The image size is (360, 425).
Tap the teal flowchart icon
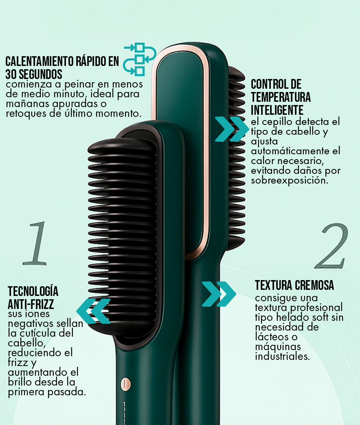tap(139, 59)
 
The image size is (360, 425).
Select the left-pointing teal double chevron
tap(93, 311)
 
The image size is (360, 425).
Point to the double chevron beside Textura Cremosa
tap(219, 294)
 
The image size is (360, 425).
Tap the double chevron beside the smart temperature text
tap(232, 129)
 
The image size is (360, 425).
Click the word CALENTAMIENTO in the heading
tap(39, 61)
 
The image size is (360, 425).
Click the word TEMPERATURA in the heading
tap(281, 97)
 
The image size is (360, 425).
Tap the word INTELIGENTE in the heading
tap(277, 110)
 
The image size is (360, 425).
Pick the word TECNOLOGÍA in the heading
tap(33, 291)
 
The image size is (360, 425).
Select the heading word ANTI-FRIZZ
tap(31, 304)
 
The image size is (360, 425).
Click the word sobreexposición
tap(290, 180)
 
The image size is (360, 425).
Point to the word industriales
tap(282, 356)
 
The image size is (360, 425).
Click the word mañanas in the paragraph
tap(28, 104)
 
